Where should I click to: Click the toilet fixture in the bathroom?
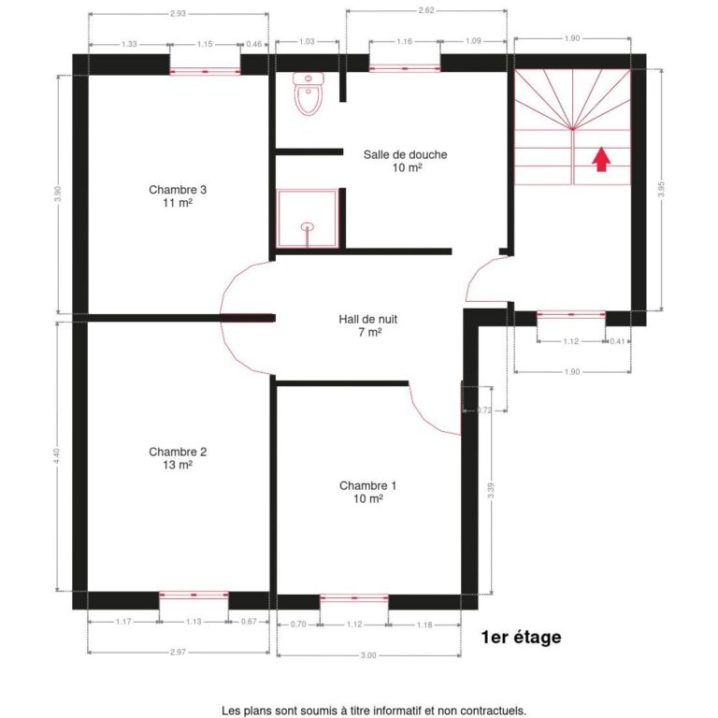pyautogui.click(x=308, y=93)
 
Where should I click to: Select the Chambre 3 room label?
pyautogui.click(x=178, y=196)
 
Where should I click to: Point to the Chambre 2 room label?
pyautogui.click(x=178, y=458)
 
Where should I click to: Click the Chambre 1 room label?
pyautogui.click(x=367, y=493)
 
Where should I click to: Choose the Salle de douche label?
pyautogui.click(x=406, y=161)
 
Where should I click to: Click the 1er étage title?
pyautogui.click(x=521, y=638)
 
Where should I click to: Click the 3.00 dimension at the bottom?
pyautogui.click(x=368, y=655)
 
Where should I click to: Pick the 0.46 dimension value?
pyautogui.click(x=254, y=43)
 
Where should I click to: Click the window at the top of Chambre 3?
pyautogui.click(x=205, y=70)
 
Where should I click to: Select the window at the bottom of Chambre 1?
pyautogui.click(x=353, y=597)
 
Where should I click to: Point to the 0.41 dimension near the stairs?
pyautogui.click(x=617, y=341)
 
